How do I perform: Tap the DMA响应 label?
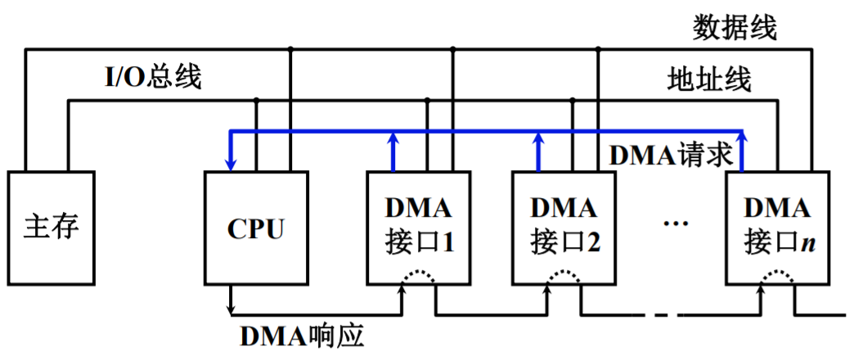[x=302, y=337]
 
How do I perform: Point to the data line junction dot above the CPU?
[x=290, y=49]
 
